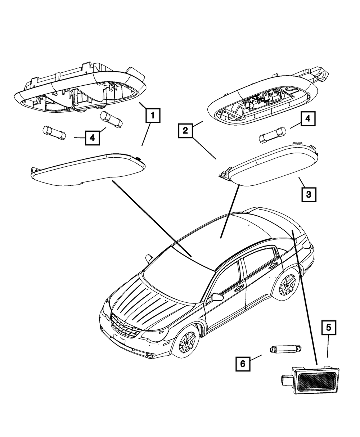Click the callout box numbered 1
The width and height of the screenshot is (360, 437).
153,116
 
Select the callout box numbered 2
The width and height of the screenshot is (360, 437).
185,131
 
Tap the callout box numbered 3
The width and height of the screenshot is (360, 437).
309,195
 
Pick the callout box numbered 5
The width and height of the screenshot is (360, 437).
329,328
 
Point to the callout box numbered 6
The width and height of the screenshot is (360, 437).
243,364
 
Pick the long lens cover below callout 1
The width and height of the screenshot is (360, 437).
88,169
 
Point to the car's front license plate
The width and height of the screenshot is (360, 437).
119,338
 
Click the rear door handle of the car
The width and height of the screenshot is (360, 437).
273,266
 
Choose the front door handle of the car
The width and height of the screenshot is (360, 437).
239,288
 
